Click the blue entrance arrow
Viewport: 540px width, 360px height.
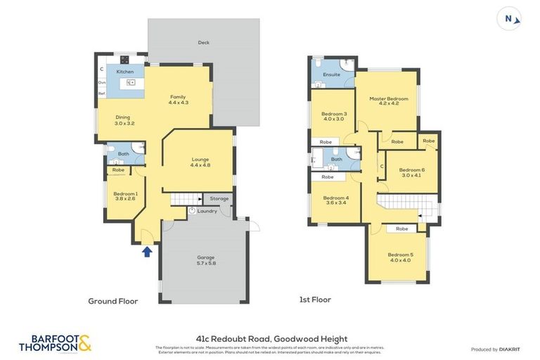[x=146, y=251]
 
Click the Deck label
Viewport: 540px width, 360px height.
[x=203, y=43]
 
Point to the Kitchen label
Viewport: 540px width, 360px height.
[x=125, y=72]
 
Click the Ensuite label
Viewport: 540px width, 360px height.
[x=331, y=75]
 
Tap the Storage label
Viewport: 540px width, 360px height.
[x=219, y=199]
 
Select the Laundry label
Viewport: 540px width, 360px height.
[x=207, y=211]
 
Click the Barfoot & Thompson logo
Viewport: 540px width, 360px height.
[x=55, y=343]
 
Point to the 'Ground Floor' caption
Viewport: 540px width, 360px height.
[x=112, y=301]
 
